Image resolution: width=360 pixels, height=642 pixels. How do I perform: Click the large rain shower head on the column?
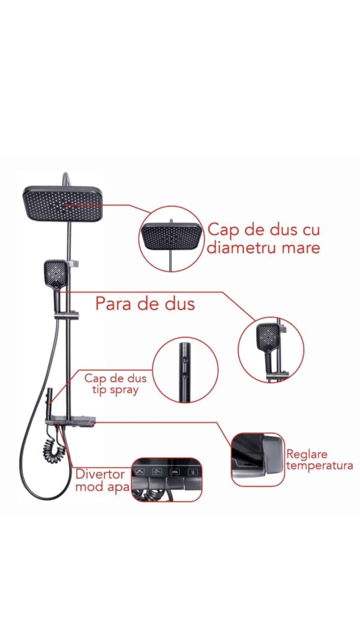(62, 203)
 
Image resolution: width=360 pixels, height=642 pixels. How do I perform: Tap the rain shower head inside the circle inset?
(172, 237)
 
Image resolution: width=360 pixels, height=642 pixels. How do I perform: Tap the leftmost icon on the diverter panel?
(140, 471)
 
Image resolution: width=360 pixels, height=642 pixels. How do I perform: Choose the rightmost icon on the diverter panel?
(191, 471)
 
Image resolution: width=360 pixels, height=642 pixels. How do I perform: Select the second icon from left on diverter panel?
(157, 471)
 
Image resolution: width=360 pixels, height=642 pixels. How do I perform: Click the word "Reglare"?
(307, 454)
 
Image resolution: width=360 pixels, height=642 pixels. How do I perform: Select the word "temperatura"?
(319, 466)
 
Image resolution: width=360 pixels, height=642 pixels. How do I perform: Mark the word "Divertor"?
(100, 474)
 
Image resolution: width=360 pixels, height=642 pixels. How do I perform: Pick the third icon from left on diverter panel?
(175, 471)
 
